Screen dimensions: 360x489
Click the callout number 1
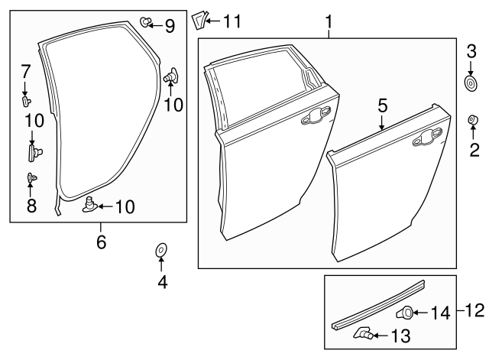tap(329, 22)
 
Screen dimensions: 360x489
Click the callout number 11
tap(230, 21)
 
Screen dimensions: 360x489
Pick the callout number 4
tap(161, 281)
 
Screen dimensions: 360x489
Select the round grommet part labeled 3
tap(471, 81)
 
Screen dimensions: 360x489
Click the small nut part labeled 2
tap(472, 120)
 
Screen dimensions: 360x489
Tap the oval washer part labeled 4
tap(161, 250)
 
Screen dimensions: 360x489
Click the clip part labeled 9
tap(146, 23)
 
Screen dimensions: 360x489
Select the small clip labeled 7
tap(27, 99)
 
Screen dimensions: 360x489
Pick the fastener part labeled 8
tap(31, 178)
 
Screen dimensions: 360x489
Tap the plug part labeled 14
tap(406, 311)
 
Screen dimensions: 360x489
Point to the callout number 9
tap(169, 26)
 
